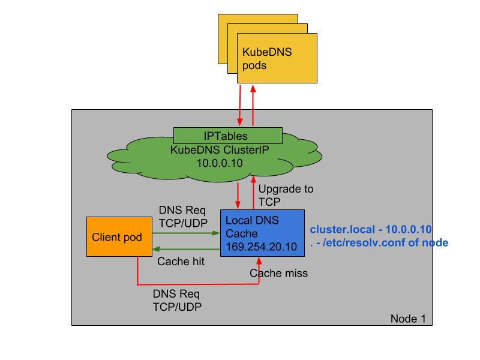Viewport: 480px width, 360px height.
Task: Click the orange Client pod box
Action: coord(117,237)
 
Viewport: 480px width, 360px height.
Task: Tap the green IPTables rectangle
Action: coord(227,136)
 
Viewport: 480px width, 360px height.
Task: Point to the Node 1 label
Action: coord(407,318)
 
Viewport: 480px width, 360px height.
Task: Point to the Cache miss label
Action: coord(278,273)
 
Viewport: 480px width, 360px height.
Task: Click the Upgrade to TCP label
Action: coord(285,194)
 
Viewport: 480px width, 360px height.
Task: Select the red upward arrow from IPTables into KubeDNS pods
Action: coord(253,105)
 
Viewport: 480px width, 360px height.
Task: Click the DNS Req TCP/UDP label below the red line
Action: coord(178,300)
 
